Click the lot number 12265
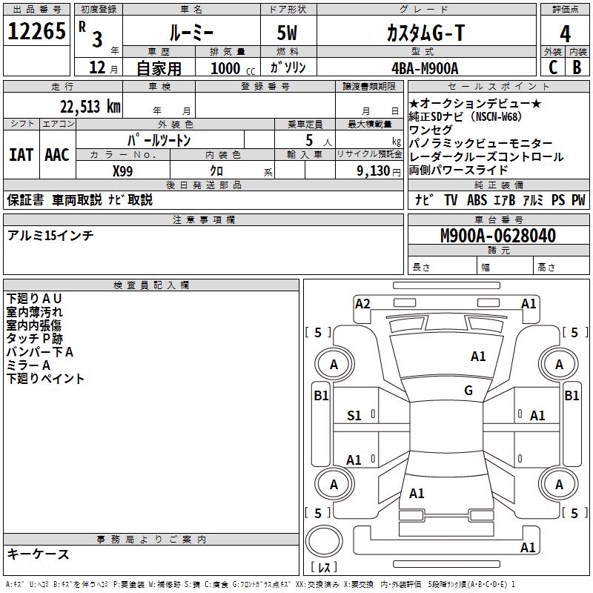point(36,33)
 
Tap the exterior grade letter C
point(552,67)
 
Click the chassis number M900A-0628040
point(497,236)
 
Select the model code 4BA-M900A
point(425,68)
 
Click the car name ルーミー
point(190,33)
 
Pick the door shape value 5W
point(288,33)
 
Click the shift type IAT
point(21,155)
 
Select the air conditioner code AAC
point(57,155)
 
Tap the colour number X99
point(123,170)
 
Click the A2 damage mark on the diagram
point(362,303)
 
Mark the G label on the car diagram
point(468,390)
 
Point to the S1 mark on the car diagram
point(355,416)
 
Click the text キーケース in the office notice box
point(38,554)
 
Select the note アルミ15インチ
point(50,236)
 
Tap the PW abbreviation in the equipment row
point(578,199)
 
